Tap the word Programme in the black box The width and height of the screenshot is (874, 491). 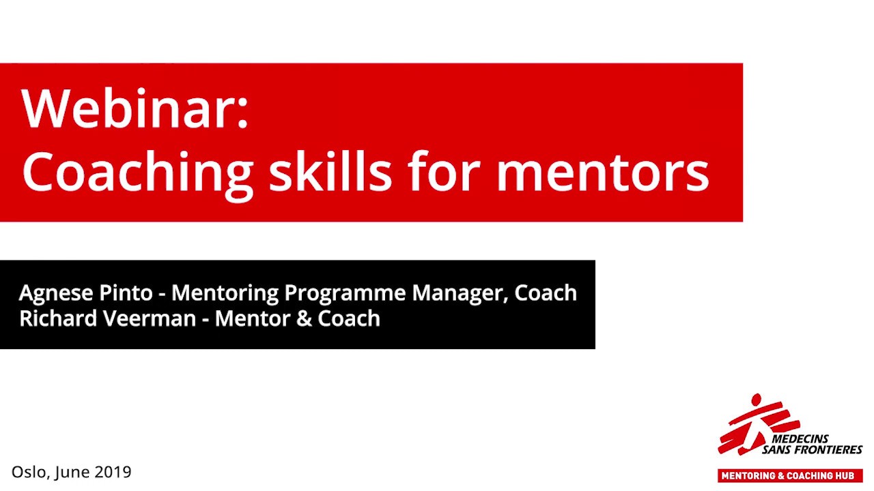[345, 293]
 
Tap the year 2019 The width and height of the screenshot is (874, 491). [113, 472]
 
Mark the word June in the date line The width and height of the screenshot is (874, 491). [72, 472]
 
